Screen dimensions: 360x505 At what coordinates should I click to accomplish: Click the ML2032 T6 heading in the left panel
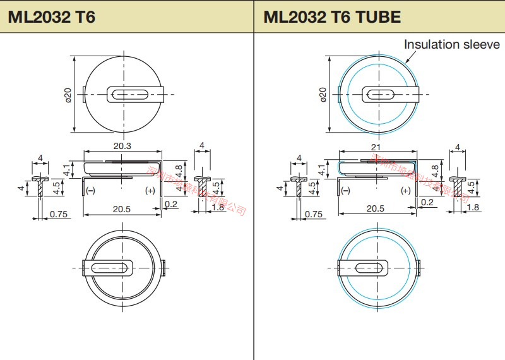52,16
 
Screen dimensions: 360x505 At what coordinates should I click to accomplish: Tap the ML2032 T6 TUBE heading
332,16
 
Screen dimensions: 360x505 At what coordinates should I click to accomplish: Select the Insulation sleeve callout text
451,44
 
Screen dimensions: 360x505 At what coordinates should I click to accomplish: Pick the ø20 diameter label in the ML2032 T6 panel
68,94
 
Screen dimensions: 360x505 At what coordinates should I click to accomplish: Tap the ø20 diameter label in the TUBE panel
323,94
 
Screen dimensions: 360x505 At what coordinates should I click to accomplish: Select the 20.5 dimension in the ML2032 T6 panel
122,208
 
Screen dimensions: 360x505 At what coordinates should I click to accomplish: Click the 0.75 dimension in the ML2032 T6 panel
58,214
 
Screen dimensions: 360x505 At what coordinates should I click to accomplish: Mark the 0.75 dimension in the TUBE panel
314,214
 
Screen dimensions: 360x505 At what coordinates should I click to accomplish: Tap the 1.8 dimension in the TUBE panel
472,207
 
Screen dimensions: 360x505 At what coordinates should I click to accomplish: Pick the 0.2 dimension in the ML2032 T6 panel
170,203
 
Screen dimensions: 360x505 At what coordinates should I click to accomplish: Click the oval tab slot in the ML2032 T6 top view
131,94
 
